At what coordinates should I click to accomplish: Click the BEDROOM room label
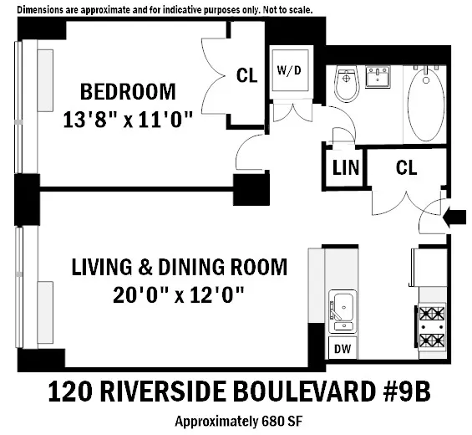click(x=128, y=90)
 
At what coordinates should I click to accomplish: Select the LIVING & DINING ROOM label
click(x=179, y=268)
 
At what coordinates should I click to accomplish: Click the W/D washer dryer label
click(x=290, y=70)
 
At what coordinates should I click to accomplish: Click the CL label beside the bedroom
click(x=246, y=76)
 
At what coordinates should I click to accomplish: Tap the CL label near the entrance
click(x=406, y=168)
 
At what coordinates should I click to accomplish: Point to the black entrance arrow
click(x=456, y=217)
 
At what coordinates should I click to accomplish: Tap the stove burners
click(x=431, y=327)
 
